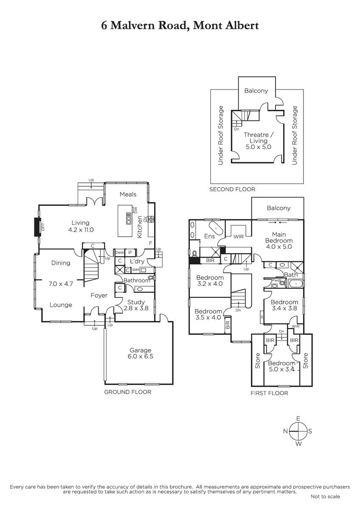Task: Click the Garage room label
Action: click(141, 350)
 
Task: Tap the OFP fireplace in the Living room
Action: click(37, 227)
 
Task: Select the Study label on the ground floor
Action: click(136, 302)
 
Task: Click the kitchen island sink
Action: click(129, 218)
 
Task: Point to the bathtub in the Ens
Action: click(215, 228)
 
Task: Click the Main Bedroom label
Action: click(279, 238)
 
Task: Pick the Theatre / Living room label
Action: click(259, 138)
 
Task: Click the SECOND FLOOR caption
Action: click(232, 189)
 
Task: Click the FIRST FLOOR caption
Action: click(269, 393)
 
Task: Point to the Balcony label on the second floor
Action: click(256, 91)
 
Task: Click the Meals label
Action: click(128, 194)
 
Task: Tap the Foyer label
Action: click(99, 295)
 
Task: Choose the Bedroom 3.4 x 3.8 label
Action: click(284, 305)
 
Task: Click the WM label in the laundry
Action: click(135, 270)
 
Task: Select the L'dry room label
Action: click(137, 261)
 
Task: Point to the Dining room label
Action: click(61, 263)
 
